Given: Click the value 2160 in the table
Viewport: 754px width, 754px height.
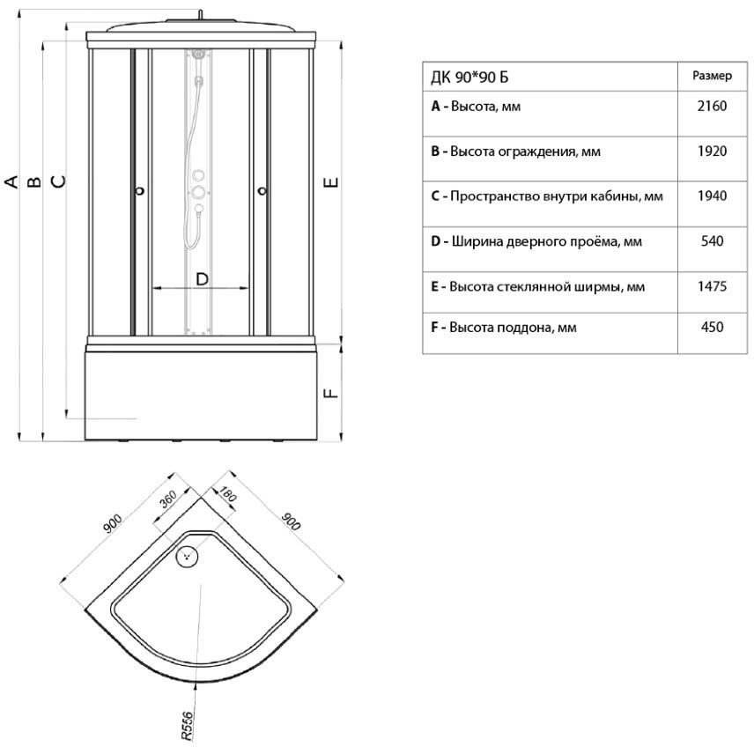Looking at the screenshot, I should (x=711, y=107).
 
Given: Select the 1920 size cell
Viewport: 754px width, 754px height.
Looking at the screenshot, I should (x=711, y=152).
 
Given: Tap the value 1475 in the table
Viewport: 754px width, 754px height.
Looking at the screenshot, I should (x=711, y=287).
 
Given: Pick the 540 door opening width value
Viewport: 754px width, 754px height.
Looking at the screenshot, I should (x=711, y=240).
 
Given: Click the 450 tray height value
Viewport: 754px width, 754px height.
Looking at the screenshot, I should (x=711, y=327).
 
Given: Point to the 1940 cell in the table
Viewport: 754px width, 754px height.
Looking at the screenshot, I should (x=711, y=196).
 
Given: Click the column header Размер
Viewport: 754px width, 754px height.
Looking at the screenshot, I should (x=711, y=76).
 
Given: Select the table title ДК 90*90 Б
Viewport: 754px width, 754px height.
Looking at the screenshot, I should (x=469, y=77).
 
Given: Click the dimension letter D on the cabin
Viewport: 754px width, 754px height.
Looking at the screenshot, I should (x=202, y=278).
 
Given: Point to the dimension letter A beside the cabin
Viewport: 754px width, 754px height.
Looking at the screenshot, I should (x=11, y=182).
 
